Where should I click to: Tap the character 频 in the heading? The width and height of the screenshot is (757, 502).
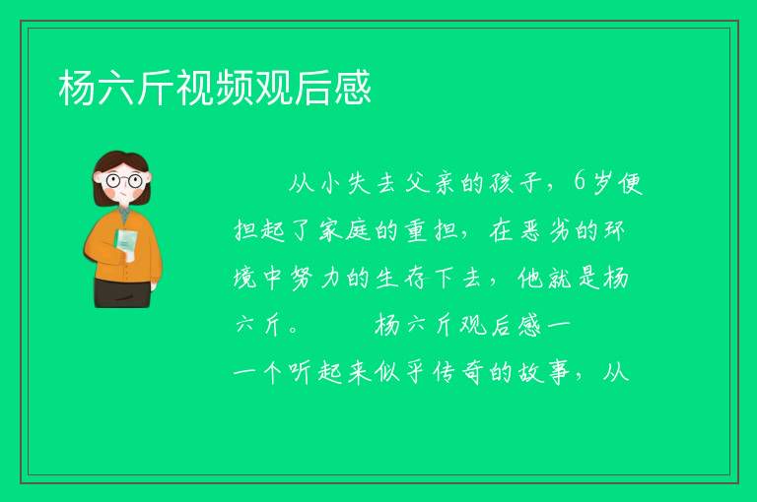pos(235,88)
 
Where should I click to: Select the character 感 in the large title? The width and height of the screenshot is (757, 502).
pos(353,88)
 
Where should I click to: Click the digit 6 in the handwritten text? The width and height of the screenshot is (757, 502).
pos(580,182)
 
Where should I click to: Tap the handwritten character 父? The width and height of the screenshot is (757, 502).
pos(417,183)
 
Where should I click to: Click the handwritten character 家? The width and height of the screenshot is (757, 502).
pos(330,230)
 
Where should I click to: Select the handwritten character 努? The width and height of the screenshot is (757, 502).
pos(302,279)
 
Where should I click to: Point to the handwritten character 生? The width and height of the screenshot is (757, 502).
pos(386,279)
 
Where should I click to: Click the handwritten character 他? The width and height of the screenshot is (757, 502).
pos(530,279)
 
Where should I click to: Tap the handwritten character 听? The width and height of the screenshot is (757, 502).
pos(301,373)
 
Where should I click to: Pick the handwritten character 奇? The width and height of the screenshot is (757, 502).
pos(472,373)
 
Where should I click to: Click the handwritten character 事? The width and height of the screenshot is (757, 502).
pos(558,373)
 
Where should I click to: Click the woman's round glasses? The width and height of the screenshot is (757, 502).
pos(124,181)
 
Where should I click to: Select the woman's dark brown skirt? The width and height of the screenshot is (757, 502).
pos(122,292)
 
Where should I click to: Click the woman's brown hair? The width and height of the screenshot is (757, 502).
pos(120,161)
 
